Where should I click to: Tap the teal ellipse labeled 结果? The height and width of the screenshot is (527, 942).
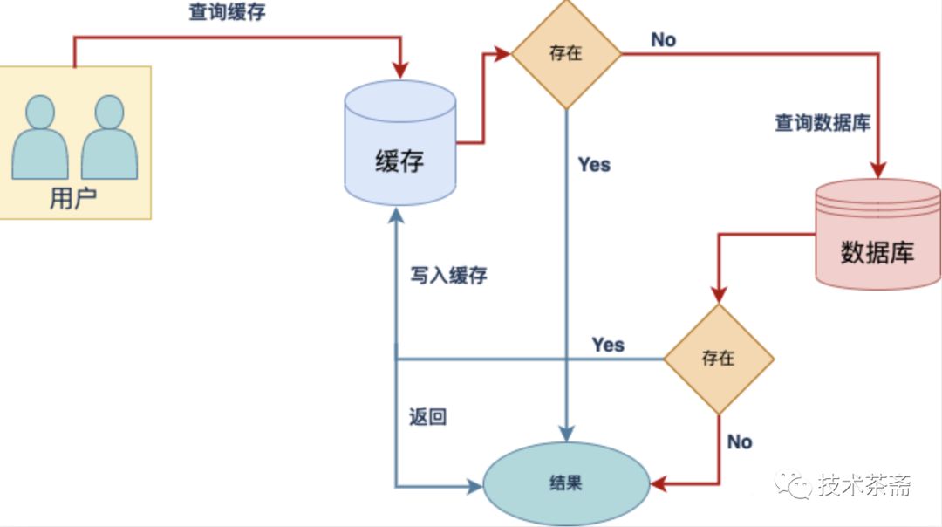(566, 483)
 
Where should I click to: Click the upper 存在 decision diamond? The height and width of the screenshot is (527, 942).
(566, 54)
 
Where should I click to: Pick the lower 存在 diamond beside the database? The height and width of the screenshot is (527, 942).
(719, 359)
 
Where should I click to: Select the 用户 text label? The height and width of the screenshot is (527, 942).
(73, 199)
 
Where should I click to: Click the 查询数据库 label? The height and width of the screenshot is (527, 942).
(823, 122)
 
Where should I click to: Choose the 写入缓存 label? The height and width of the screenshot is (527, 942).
(449, 276)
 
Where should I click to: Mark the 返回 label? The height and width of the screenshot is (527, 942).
(427, 417)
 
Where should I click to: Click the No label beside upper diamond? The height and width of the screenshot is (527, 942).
(663, 40)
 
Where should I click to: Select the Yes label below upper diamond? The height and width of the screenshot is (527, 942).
(594, 165)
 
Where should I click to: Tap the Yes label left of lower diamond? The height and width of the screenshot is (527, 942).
(608, 345)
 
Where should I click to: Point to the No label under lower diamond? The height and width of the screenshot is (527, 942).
(740, 441)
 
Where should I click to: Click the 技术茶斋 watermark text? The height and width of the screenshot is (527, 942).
(864, 485)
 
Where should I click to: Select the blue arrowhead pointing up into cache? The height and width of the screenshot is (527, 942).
(397, 215)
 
